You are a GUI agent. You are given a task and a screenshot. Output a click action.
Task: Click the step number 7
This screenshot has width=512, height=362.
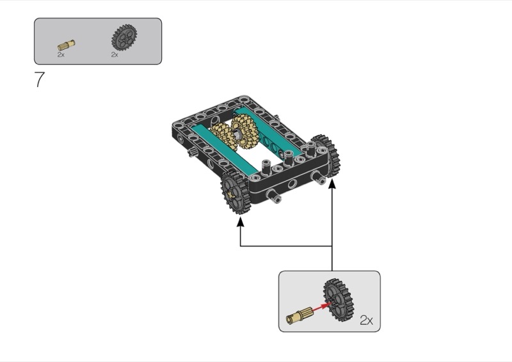coord(40,81)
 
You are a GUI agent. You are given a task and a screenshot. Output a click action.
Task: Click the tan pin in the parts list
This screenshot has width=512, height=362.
coord(66,45)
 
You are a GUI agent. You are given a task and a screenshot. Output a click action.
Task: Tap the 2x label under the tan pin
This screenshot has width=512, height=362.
coord(61,55)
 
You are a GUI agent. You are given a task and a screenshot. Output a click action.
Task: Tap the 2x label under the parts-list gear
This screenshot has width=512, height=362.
coord(115,55)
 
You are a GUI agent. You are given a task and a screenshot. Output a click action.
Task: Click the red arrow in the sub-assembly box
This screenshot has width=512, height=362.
coord(320,308)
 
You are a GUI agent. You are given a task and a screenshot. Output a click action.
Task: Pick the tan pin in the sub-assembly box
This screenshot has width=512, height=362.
coord(300,314)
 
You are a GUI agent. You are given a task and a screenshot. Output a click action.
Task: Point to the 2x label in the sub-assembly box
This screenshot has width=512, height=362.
coord(366,320)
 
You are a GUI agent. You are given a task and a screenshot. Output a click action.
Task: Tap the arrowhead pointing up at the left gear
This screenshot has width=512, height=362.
coord(241,222)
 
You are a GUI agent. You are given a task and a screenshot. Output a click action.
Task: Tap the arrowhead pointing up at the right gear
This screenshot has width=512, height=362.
coord(332,184)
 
